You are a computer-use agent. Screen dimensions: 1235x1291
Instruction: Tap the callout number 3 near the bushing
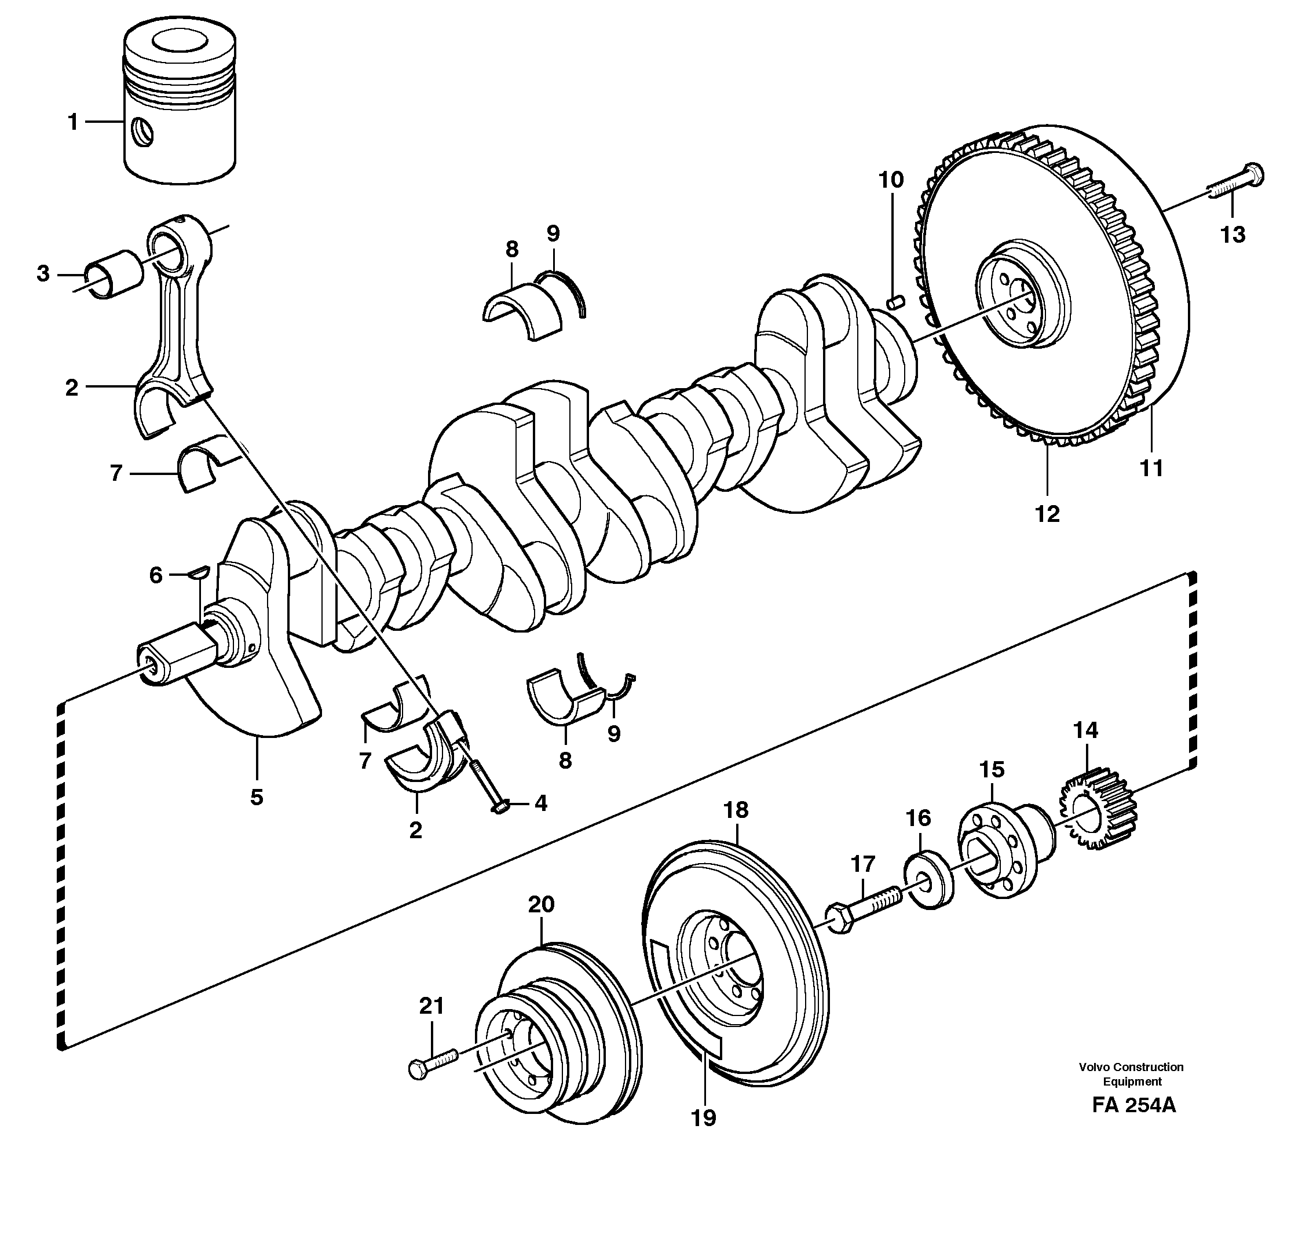pos(43,273)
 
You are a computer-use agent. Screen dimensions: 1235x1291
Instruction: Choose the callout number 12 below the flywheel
pos(1047,513)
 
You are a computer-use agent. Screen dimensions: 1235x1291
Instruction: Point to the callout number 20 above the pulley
pos(541,904)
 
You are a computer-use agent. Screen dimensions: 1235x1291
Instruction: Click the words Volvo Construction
pos(1131,1067)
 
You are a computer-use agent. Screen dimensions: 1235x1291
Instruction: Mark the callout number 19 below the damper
pos(703,1117)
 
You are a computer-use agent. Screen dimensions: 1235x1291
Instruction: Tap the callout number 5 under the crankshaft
pos(257,797)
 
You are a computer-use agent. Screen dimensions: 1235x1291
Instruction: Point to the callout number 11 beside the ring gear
pos(1151,469)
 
